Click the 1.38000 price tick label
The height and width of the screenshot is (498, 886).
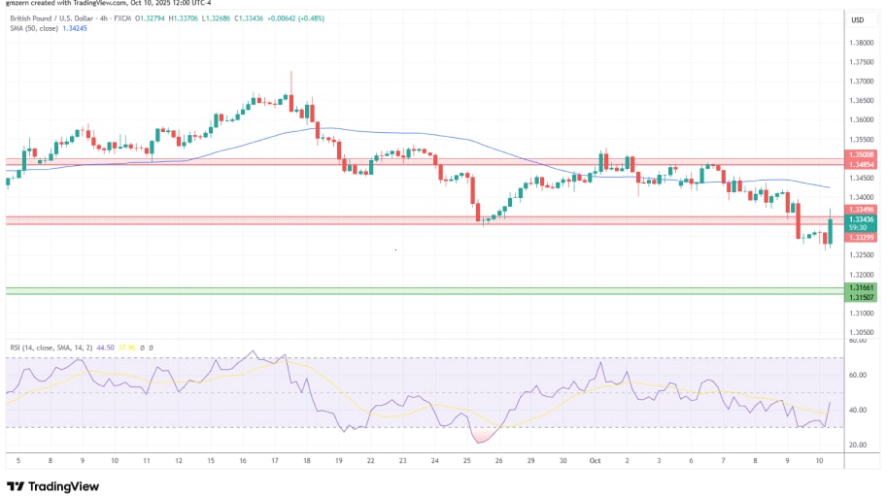pyautogui.click(x=861, y=43)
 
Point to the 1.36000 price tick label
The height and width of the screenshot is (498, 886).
pyautogui.click(x=861, y=120)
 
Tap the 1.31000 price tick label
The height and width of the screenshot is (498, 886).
pyautogui.click(x=861, y=314)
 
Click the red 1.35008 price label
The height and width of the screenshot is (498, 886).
pyautogui.click(x=861, y=154)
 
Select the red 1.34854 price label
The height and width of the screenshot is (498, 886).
pyautogui.click(x=861, y=164)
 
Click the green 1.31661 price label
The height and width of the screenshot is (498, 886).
pyautogui.click(x=861, y=287)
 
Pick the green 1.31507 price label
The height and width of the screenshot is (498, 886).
pyautogui.click(x=861, y=297)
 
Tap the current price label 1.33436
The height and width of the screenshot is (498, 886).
pyautogui.click(x=861, y=219)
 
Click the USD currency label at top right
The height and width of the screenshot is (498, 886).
pyautogui.click(x=858, y=19)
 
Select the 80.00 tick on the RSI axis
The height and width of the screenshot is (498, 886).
pyautogui.click(x=858, y=341)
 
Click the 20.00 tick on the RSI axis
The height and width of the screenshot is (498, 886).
pyautogui.click(x=858, y=445)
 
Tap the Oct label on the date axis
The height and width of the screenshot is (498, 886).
pyautogui.click(x=595, y=461)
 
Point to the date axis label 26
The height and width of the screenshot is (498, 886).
pyautogui.click(x=499, y=461)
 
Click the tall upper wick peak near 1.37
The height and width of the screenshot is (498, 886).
pyautogui.click(x=291, y=74)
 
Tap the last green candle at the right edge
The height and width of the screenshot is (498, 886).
pyautogui.click(x=831, y=231)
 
